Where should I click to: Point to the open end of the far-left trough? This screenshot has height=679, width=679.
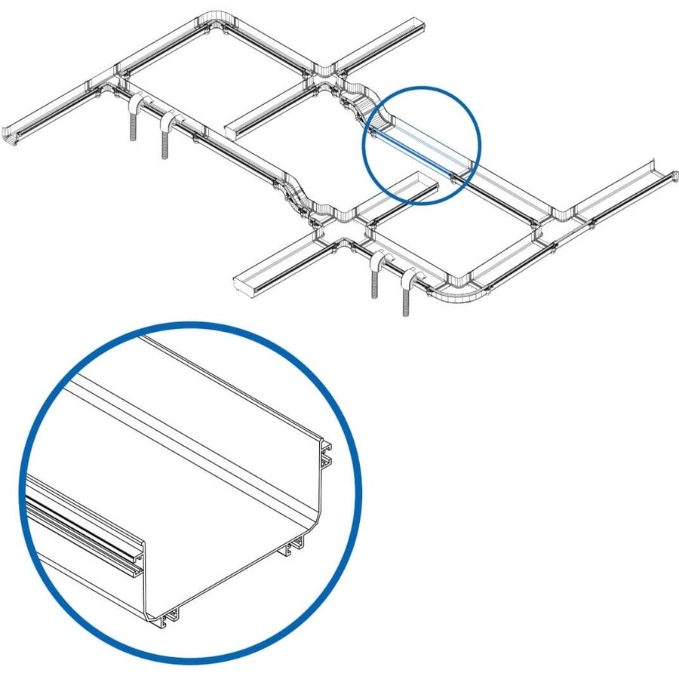pos(12,135)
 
